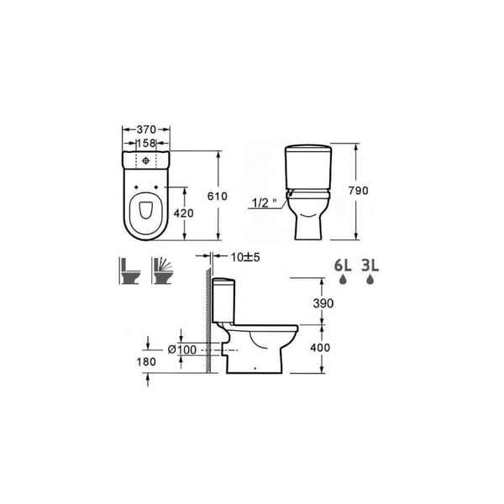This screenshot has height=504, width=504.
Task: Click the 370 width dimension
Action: pyautogui.click(x=146, y=129)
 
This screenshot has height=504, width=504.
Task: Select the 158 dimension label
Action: pyautogui.click(x=146, y=143)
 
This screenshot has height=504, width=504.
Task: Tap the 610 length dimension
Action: pyautogui.click(x=218, y=196)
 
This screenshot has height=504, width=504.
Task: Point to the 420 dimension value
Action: pyautogui.click(x=183, y=213)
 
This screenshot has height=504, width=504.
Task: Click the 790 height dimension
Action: pyautogui.click(x=359, y=191)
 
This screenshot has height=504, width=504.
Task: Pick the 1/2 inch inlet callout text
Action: pyautogui.click(x=265, y=202)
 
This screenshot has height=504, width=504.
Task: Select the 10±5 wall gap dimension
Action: pyautogui.click(x=245, y=257)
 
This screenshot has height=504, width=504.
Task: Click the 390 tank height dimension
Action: pyautogui.click(x=323, y=303)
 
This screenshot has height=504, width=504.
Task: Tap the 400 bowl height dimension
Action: pyautogui.click(x=320, y=348)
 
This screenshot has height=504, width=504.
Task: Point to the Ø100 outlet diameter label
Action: pyautogui.click(x=182, y=349)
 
